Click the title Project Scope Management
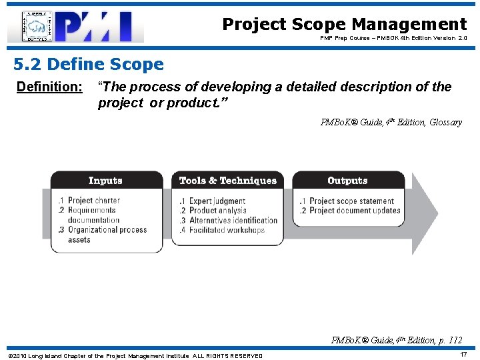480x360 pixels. coord(344,25)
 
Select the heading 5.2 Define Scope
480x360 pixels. coord(89,65)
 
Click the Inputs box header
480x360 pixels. coord(106,181)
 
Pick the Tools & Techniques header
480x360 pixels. coord(227,181)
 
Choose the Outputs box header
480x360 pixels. coord(347,181)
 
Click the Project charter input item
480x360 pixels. coord(93,201)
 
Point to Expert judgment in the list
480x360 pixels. coord(217,201)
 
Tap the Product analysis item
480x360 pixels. coord(217,211)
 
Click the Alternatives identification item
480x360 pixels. coord(233,220)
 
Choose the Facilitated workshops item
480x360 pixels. coord(227,230)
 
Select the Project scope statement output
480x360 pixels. coord(351,201)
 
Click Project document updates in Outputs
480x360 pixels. coord(354,211)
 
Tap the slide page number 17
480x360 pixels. coord(463,355)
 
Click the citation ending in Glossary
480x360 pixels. coord(391,122)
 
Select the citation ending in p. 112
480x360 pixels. coord(396,340)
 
